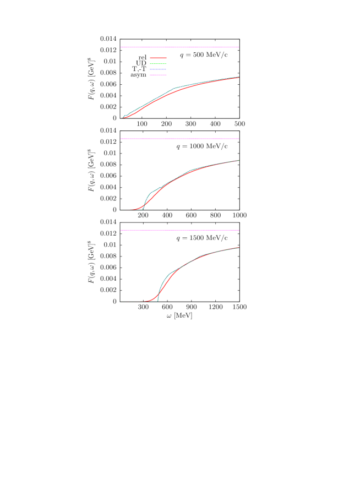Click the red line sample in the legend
tap(158, 58)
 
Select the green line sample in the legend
tap(158, 64)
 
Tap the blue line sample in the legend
tap(158, 69)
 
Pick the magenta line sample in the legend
tap(158, 75)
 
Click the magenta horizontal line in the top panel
tap(179, 47)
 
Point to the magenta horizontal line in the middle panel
tap(179, 139)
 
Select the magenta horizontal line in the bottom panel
tap(179, 230)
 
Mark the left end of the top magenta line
tap(121, 47)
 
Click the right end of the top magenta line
tap(238, 47)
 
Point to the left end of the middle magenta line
tap(121, 139)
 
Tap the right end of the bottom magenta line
tap(238, 230)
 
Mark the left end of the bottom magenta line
tap(121, 230)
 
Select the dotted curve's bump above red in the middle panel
tap(150, 194)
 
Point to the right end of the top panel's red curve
tap(238, 77)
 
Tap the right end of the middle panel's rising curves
tap(238, 160)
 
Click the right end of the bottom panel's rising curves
tap(238, 248)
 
